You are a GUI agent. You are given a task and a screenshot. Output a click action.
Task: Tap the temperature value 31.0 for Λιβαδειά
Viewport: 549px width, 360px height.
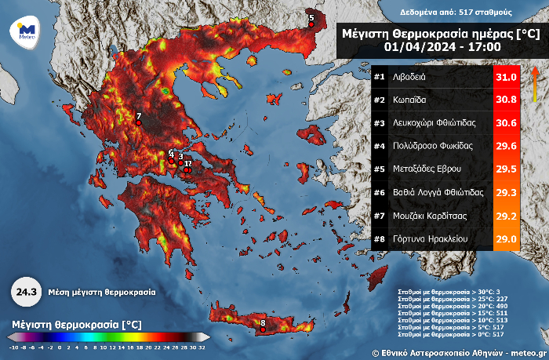click(506, 77)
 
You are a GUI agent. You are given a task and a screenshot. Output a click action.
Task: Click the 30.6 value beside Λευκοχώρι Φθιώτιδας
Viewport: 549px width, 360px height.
click(506, 123)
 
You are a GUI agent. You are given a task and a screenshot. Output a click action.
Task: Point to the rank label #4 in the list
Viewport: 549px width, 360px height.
click(380, 146)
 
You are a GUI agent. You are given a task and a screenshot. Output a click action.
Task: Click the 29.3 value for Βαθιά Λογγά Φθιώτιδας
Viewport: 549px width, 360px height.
click(506, 192)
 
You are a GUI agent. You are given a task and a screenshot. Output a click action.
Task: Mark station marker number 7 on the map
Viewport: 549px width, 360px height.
click(138, 122)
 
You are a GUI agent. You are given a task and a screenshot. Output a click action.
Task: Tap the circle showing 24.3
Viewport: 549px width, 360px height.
click(26, 292)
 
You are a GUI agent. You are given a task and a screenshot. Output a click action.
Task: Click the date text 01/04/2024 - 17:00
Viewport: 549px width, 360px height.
click(440, 48)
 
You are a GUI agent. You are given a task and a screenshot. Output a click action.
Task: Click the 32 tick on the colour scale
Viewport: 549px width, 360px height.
click(202, 346)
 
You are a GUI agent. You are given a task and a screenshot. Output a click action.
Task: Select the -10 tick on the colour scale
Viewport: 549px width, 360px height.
click(13, 346)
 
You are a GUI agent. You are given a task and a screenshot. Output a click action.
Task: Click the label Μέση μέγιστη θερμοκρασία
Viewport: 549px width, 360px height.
click(101, 292)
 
